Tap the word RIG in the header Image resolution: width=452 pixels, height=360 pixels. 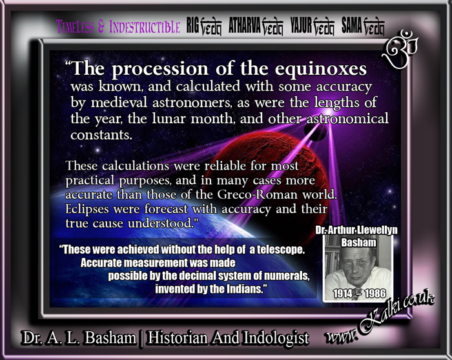click(x=193, y=25)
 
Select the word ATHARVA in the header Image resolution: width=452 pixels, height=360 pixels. click(x=245, y=25)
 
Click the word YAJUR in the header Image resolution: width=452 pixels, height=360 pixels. click(x=301, y=25)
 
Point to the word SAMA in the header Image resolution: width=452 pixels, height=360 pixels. click(x=351, y=25)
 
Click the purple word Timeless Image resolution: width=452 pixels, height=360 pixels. click(x=75, y=26)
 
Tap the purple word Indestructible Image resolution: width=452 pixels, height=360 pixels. click(x=145, y=27)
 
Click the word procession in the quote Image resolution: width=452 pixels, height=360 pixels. click(x=160, y=70)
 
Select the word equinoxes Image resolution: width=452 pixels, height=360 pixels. click(x=320, y=69)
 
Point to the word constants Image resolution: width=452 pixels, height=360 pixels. click(x=101, y=135)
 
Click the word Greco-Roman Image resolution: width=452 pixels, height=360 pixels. click(x=257, y=195)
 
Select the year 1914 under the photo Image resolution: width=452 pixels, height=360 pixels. click(x=343, y=294)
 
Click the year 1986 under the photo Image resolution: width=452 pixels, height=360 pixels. click(x=375, y=294)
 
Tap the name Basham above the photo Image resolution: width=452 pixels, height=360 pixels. click(x=358, y=243)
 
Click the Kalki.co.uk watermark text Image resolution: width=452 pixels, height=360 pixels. click(x=380, y=317)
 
